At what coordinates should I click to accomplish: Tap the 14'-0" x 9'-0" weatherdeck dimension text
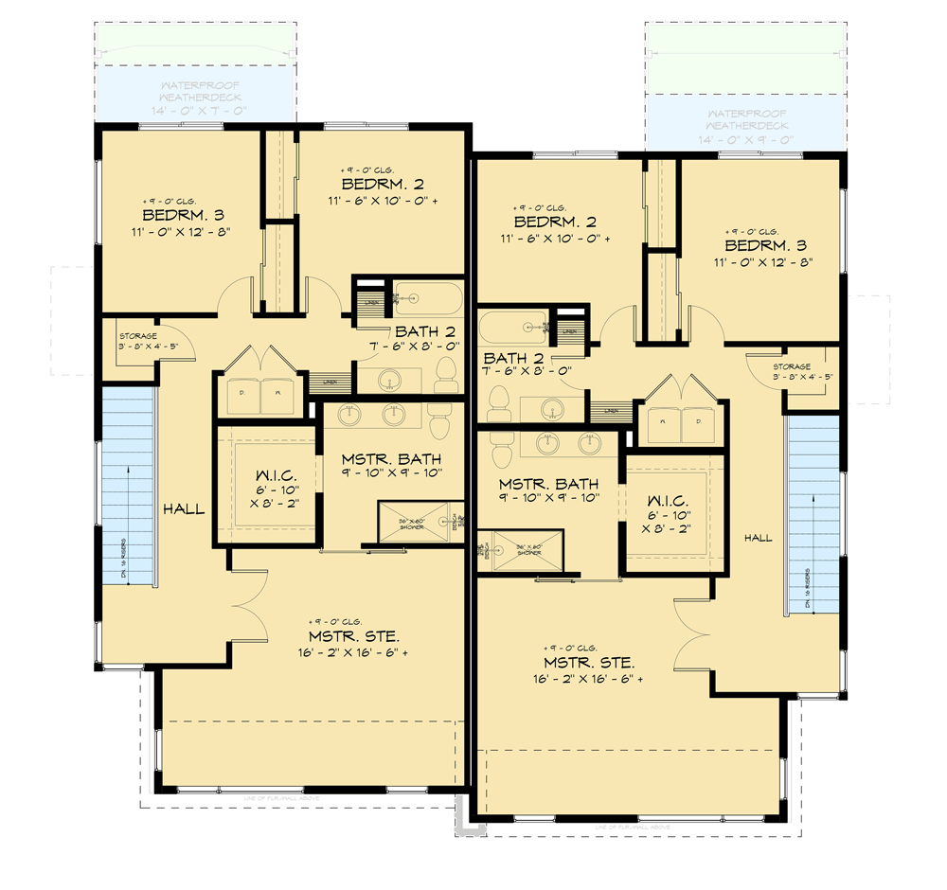[x=748, y=140]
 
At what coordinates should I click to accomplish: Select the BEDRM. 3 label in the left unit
[x=182, y=215]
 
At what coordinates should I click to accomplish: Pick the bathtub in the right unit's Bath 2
[x=512, y=328]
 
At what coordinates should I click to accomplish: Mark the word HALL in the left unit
[x=183, y=509]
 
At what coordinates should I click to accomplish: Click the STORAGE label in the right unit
[x=791, y=366]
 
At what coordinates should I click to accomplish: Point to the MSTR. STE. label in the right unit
[x=589, y=662]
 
